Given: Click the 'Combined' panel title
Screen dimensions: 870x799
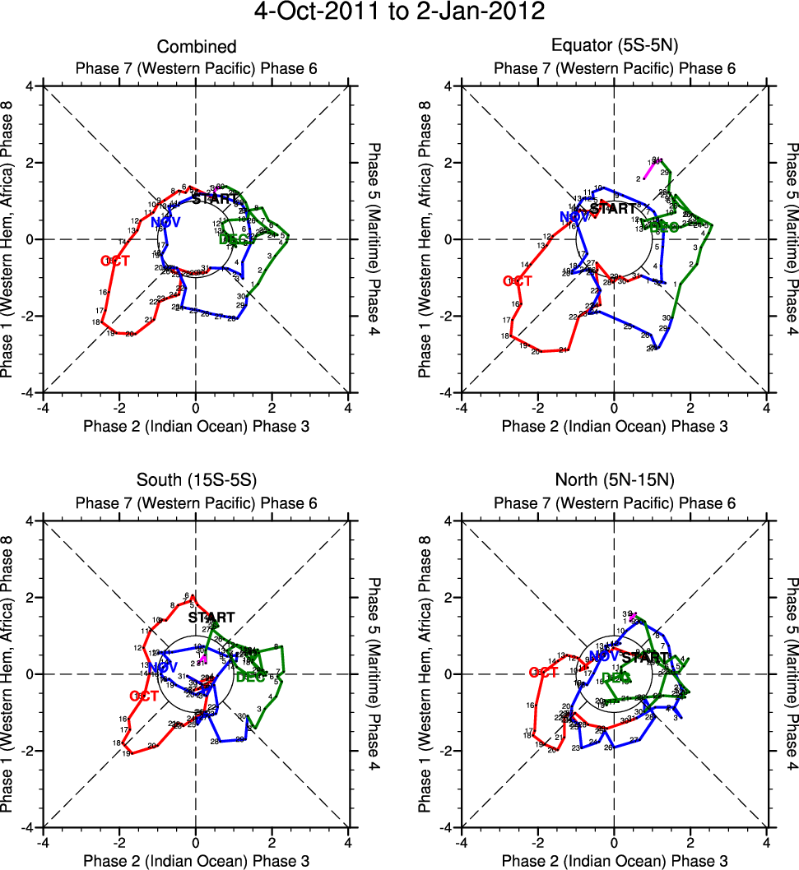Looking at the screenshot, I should (197, 47).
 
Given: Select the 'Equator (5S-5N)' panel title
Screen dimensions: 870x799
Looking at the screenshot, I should (614, 47).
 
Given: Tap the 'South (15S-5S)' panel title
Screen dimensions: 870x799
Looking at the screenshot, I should (197, 482).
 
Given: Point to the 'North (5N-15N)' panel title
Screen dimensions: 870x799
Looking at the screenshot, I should (614, 482).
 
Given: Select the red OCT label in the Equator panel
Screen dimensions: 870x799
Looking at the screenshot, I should (518, 281).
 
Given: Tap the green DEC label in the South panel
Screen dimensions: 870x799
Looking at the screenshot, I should (249, 678).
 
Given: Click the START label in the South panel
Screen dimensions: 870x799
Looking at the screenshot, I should (211, 618).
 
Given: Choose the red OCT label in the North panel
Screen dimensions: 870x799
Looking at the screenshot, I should (544, 673).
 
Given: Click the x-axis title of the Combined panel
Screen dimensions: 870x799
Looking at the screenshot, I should (197, 425).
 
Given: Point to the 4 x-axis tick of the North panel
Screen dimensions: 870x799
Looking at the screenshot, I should (767, 841).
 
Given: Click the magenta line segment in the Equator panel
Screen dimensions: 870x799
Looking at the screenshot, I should (649, 169).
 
